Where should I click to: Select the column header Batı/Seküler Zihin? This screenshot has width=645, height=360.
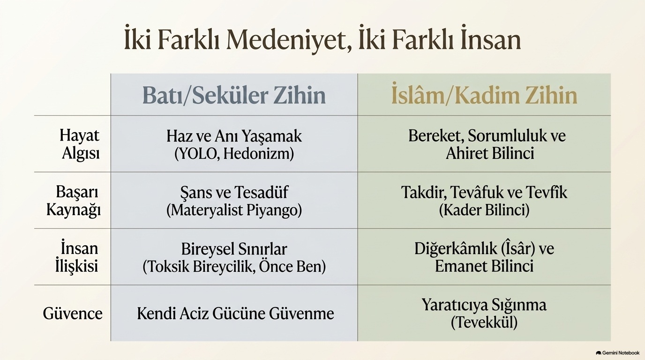coord(234,95)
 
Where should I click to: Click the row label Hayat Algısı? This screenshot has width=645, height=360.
coord(80,144)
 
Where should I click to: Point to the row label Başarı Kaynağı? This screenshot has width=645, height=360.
coord(74,201)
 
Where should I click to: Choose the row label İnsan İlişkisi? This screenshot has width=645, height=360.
coord(76,257)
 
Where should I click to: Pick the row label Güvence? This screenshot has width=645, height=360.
coord(73,313)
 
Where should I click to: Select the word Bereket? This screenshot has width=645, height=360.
coord(435,135)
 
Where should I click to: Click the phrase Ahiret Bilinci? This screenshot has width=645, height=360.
coord(490,153)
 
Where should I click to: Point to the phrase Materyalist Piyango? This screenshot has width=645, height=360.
coord(234,210)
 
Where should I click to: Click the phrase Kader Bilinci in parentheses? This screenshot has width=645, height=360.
coord(484,210)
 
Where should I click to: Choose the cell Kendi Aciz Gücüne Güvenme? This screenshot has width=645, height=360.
coord(235,313)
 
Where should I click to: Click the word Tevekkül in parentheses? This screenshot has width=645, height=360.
coord(484,322)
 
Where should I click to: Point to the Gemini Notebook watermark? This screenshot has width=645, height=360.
coord(617,353)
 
